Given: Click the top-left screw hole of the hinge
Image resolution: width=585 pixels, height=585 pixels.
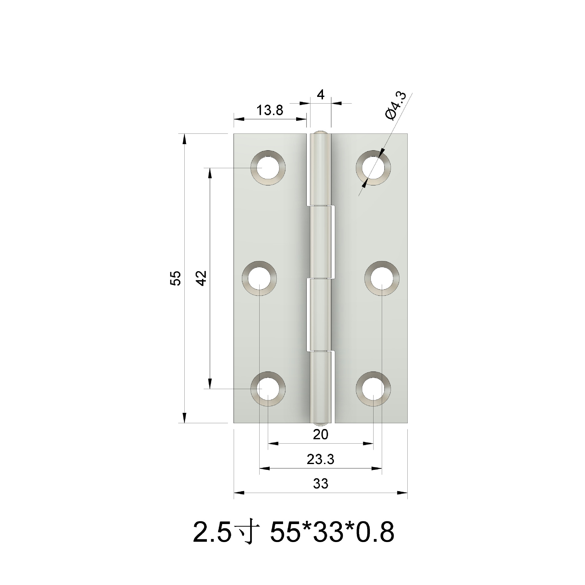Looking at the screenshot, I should coord(268,168).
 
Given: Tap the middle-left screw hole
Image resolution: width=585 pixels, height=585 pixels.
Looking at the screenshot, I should coord(259,278).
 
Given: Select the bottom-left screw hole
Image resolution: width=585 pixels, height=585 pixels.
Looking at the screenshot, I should coord(268,389).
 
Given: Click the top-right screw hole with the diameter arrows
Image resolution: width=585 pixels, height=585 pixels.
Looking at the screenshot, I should coord(374,168).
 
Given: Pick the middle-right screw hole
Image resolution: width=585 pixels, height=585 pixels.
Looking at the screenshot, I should coord(382,278).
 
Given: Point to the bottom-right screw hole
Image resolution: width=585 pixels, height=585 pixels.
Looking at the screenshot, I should coord(374,389).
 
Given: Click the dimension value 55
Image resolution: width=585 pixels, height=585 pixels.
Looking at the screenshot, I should coord(176,278).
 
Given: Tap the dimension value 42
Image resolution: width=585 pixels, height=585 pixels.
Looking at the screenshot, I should coord(201,278).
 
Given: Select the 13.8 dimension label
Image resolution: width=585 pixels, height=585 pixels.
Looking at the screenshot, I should coord(270,110).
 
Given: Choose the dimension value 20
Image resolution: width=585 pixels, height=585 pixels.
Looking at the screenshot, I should coord(321,434).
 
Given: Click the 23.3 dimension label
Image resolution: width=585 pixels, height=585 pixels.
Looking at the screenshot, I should coord(321,459).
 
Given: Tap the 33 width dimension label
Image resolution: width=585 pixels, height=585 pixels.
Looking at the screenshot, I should coord(321,484).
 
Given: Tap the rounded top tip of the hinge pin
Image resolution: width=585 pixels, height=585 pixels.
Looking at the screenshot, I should coord(321,133).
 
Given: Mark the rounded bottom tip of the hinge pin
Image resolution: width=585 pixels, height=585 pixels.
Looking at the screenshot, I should coord(321,424).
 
